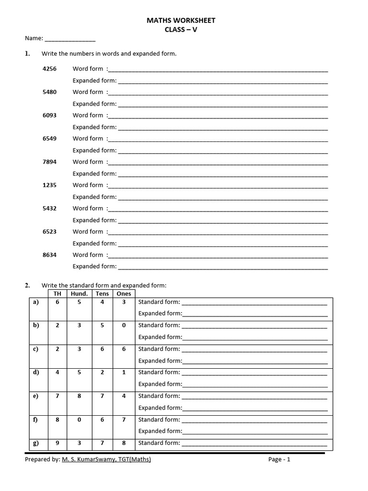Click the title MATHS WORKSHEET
coord(181,21)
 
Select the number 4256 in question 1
coord(49,69)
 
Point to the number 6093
coord(49,115)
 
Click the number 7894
coord(49,162)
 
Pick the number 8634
coord(49,255)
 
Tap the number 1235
coord(49,185)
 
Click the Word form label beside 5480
coord(88,92)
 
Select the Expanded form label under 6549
coord(94,150)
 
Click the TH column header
coord(57,293)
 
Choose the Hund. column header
coord(79,293)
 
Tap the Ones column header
coord(124,293)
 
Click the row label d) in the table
coord(36,373)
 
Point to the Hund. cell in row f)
coord(79,420)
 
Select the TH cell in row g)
coord(57,443)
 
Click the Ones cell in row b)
coord(124,325)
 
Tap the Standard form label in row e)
coord(159,396)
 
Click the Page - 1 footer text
coord(279,459)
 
